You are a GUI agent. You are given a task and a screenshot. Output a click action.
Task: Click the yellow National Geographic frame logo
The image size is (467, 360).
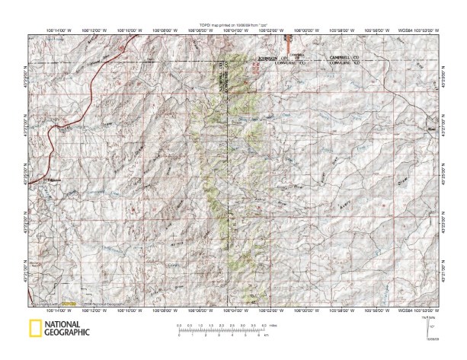34,330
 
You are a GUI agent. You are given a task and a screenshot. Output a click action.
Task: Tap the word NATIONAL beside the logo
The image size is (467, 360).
66,325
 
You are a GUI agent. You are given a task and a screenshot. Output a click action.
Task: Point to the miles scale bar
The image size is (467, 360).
222,328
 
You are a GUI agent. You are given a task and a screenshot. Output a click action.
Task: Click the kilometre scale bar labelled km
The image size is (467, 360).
222,335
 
